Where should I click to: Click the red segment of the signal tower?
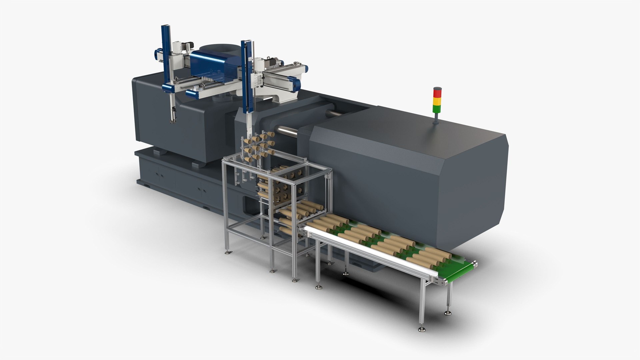[x=437, y=92]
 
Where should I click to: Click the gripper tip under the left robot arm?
[x=173, y=120]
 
